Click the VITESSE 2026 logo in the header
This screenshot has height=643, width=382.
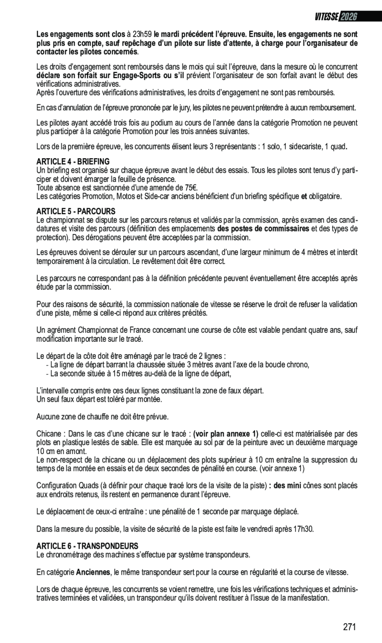pyautogui.click(x=336, y=17)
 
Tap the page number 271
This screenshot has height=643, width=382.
pyautogui.click(x=349, y=627)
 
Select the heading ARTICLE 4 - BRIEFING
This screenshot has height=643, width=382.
pyautogui.click(x=73, y=161)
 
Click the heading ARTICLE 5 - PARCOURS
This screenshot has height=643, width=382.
pyautogui.click(x=76, y=211)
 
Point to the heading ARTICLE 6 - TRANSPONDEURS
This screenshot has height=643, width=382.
pyautogui.click(x=87, y=546)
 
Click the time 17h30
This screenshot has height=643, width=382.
pyautogui.click(x=303, y=529)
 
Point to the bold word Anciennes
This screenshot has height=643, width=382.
pyautogui.click(x=93, y=572)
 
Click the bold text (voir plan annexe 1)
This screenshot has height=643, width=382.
pyautogui.click(x=225, y=434)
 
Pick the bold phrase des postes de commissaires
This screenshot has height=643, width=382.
pyautogui.click(x=263, y=228)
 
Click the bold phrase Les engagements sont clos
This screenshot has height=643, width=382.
pyautogui.click(x=81, y=35)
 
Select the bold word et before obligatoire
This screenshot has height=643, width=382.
pyautogui.click(x=304, y=196)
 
